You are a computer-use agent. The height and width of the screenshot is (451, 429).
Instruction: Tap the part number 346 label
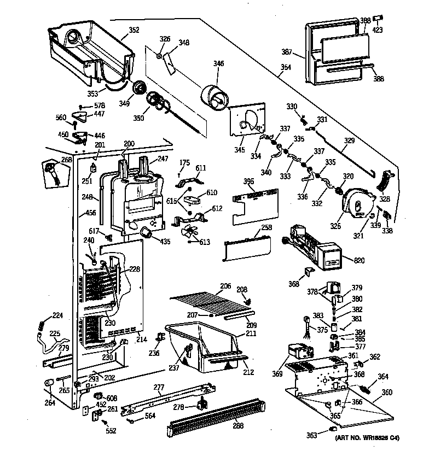(219, 64)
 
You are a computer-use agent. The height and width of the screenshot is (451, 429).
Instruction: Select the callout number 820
(359, 260)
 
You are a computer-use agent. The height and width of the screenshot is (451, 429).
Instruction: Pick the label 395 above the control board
(248, 181)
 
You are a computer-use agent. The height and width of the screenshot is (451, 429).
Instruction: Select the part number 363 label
(311, 435)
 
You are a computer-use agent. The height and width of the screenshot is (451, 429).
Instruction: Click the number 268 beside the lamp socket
(66, 160)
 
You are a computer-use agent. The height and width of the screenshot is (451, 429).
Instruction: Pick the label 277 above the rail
(159, 388)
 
